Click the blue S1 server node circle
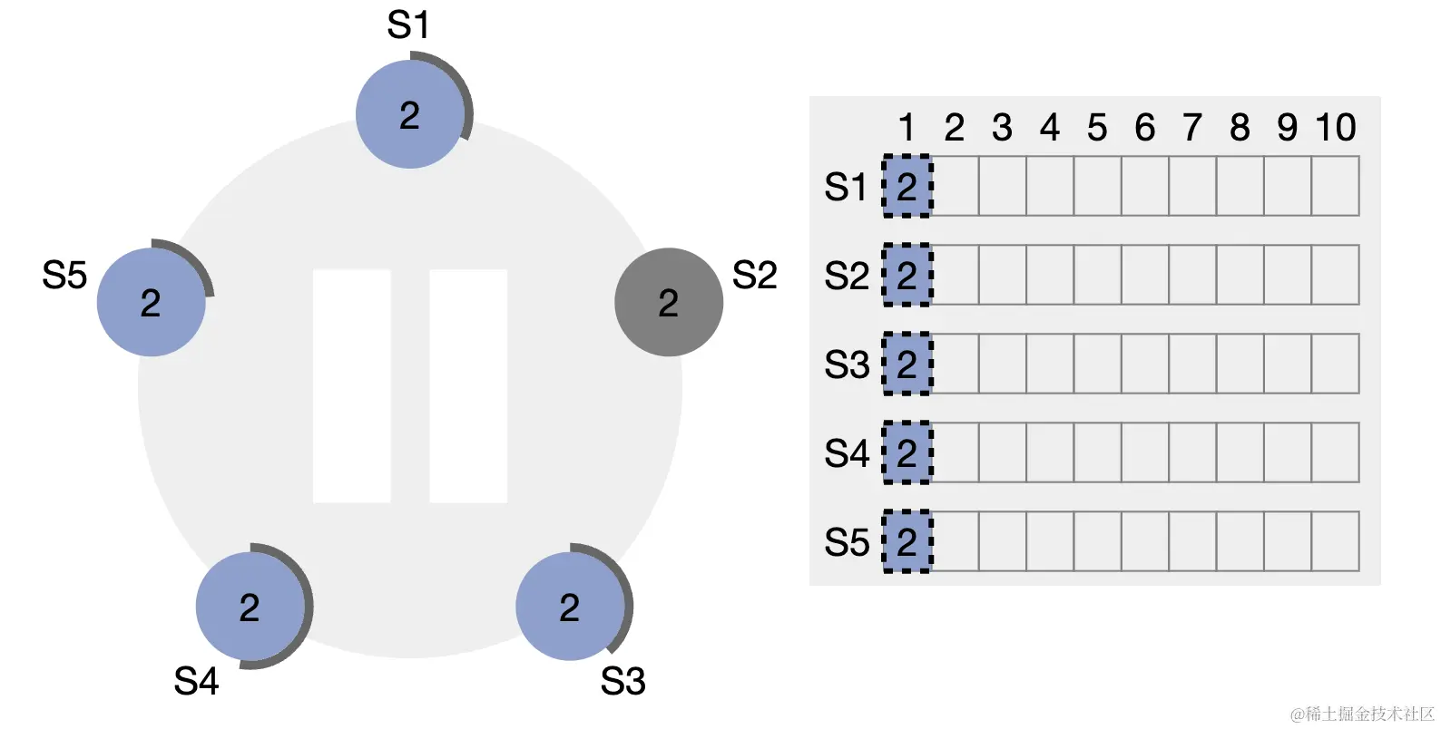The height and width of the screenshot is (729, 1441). pyautogui.click(x=410, y=114)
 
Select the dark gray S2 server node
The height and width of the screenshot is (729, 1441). pyautogui.click(x=669, y=302)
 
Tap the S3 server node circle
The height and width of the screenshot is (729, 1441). pyautogui.click(x=570, y=607)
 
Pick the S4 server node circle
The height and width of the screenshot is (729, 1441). pyautogui.click(x=250, y=607)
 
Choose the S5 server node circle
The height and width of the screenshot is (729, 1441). pyautogui.click(x=152, y=302)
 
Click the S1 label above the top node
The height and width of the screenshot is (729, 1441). pyautogui.click(x=408, y=25)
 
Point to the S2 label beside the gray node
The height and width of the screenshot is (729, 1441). pyautogui.click(x=755, y=275)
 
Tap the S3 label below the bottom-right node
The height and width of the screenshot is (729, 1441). pyautogui.click(x=622, y=681)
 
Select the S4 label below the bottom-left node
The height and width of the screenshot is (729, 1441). pyautogui.click(x=196, y=681)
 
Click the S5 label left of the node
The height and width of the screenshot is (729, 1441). pyautogui.click(x=64, y=275)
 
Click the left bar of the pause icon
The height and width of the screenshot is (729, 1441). pyautogui.click(x=352, y=385)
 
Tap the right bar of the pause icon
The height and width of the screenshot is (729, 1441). pyautogui.click(x=468, y=385)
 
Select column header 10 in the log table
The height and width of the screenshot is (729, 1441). pyautogui.click(x=1336, y=128)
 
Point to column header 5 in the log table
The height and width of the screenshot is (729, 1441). pyautogui.click(x=1097, y=128)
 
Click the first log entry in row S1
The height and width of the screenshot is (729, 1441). pyautogui.click(x=907, y=187)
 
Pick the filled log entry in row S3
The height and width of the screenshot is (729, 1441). pyautogui.click(x=907, y=364)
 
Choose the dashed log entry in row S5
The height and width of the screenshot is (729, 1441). pyautogui.click(x=907, y=542)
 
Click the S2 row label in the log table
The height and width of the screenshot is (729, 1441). pyautogui.click(x=847, y=276)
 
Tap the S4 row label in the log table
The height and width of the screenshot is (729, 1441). pyautogui.click(x=847, y=453)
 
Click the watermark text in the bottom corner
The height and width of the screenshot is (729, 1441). pyautogui.click(x=1362, y=714)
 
